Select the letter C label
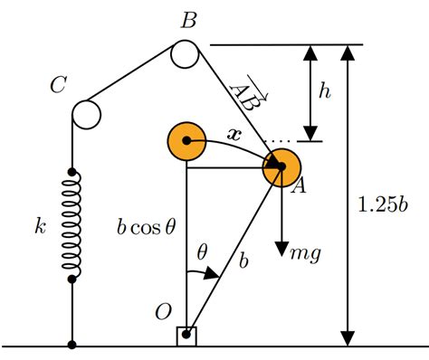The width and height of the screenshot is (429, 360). tap(58, 86)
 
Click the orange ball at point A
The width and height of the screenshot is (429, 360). tap(281, 167)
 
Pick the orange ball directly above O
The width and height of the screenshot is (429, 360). tap(186, 141)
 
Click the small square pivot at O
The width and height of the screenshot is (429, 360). tap(186, 336)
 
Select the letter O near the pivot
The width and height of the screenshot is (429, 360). tap(164, 312)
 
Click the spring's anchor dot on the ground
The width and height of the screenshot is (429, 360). tap(71, 345)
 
